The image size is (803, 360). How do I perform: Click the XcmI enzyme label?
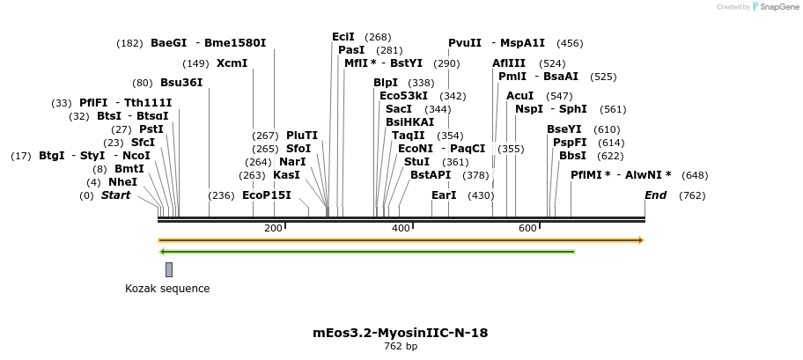(232, 63)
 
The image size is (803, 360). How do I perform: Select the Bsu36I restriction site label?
(181, 84)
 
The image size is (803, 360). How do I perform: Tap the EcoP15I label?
(266, 195)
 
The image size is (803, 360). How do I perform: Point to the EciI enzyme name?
(343, 37)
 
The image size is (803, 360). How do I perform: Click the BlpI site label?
(386, 84)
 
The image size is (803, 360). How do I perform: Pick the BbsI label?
(572, 156)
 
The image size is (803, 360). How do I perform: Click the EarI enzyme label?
(444, 195)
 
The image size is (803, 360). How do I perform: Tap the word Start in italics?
(115, 195)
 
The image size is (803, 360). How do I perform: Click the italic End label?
(655, 195)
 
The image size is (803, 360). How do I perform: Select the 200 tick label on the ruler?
(273, 229)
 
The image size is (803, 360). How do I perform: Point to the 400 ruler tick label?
(401, 229)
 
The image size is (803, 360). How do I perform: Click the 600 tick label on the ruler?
(527, 229)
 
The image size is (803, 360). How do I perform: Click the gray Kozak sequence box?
(169, 269)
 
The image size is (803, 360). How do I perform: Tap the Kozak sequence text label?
(167, 289)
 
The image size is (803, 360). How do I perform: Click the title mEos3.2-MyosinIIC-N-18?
(401, 333)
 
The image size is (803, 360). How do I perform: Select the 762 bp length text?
(401, 347)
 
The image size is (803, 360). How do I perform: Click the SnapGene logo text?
(777, 7)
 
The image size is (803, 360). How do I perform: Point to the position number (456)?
(570, 43)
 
